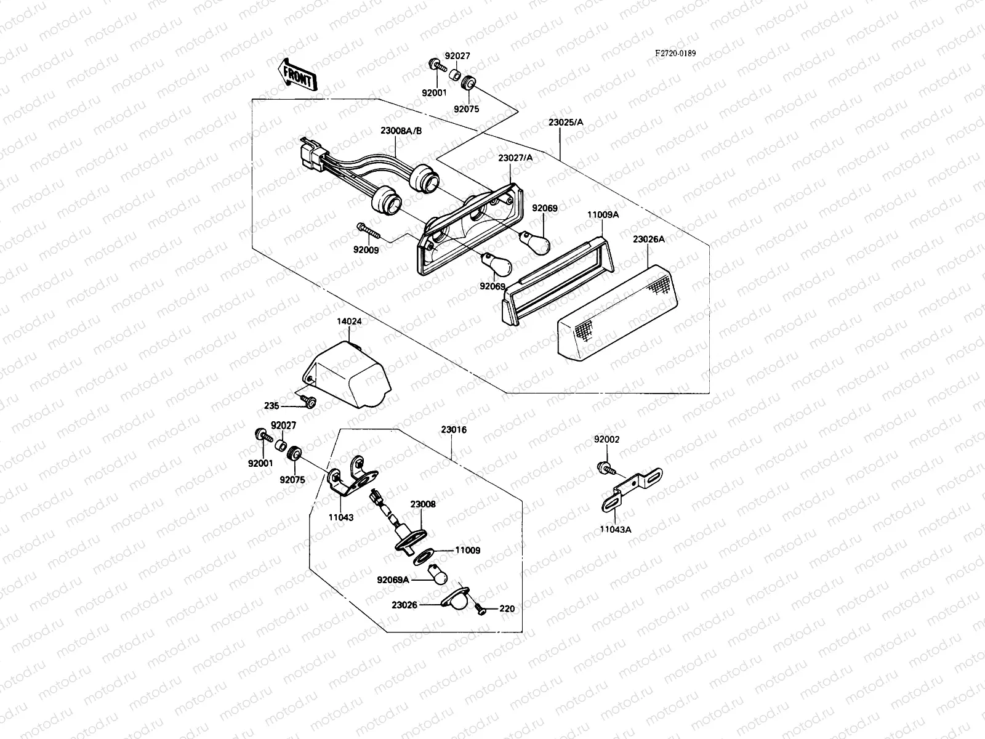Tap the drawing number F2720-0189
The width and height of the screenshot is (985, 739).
pos(675,54)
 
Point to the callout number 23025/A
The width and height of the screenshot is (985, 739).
pos(565,123)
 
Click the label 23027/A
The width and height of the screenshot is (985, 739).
pos(515,158)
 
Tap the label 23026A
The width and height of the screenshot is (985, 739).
pos(649,240)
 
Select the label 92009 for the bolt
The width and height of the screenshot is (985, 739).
pos(366,250)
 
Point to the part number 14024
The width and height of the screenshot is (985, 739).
pos(348,321)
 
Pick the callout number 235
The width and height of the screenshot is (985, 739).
pos(271,406)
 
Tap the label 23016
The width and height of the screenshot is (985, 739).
pos(454,430)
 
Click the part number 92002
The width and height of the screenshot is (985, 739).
pos(606,440)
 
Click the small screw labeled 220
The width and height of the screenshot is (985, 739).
pos(481,609)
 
